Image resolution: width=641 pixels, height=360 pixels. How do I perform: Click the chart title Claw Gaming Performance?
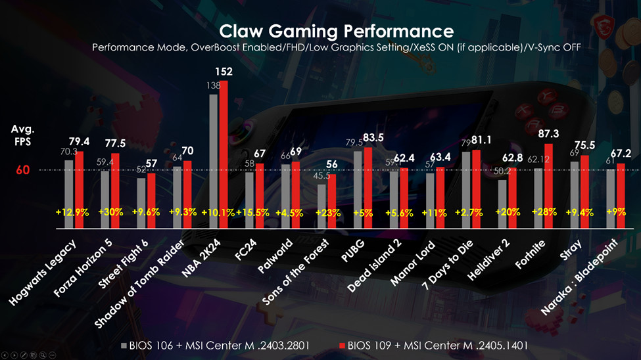(336, 31)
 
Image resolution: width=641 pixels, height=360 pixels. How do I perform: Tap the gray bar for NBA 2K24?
(214, 161)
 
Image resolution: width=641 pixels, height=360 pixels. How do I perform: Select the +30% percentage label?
(111, 212)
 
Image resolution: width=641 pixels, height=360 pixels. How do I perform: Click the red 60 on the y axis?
(24, 170)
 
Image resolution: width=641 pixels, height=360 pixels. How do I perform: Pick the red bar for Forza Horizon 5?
(116, 191)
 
